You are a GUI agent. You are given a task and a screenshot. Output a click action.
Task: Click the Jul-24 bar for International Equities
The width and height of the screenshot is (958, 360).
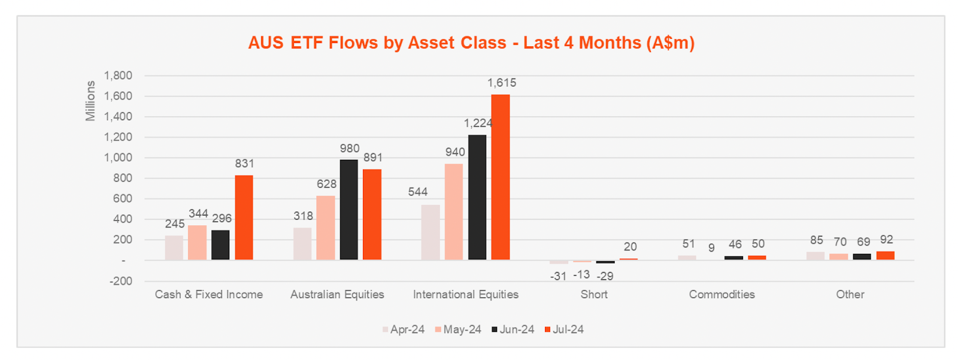pyautogui.click(x=501, y=177)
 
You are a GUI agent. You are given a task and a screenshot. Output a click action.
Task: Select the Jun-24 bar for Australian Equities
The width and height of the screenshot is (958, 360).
pyautogui.click(x=348, y=210)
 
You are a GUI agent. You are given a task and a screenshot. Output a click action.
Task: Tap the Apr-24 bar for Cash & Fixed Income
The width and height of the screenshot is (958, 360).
pyautogui.click(x=174, y=247)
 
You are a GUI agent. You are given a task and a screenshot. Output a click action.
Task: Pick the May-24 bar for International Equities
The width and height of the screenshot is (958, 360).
pyautogui.click(x=454, y=211)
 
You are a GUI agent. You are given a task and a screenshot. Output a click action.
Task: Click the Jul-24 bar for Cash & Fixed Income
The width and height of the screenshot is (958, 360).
pyautogui.click(x=244, y=217)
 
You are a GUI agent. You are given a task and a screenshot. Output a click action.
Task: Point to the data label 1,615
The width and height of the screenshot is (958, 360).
pyautogui.click(x=502, y=83)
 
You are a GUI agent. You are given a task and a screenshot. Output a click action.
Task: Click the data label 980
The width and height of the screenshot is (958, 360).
pyautogui.click(x=350, y=149)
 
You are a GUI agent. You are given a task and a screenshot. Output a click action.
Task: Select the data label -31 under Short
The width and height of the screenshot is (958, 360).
pyautogui.click(x=558, y=276)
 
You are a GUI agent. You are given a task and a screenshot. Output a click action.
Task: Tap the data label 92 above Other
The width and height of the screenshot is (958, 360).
pyautogui.click(x=887, y=240)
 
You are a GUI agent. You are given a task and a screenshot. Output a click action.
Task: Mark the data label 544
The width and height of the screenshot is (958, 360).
pyautogui.click(x=418, y=192)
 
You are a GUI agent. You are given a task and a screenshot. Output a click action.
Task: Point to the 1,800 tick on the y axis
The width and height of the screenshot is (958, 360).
pyautogui.click(x=118, y=75)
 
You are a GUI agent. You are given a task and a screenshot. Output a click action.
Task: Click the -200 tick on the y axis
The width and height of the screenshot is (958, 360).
pyautogui.click(x=120, y=281)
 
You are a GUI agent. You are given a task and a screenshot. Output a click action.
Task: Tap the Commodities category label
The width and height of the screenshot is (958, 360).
pyautogui.click(x=721, y=294)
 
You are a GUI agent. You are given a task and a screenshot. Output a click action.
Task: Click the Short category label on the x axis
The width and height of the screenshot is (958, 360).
pyautogui.click(x=594, y=294)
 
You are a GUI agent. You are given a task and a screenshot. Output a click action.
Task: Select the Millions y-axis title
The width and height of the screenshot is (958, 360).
pyautogui.click(x=90, y=101)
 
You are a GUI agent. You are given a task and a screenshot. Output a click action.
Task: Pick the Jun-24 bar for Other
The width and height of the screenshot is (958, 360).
pyautogui.click(x=862, y=256)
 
